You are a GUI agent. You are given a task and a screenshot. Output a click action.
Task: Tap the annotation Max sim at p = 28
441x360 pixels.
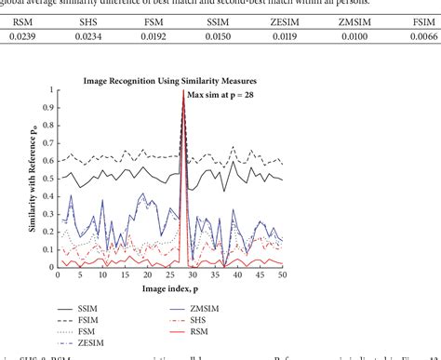(223, 94)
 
